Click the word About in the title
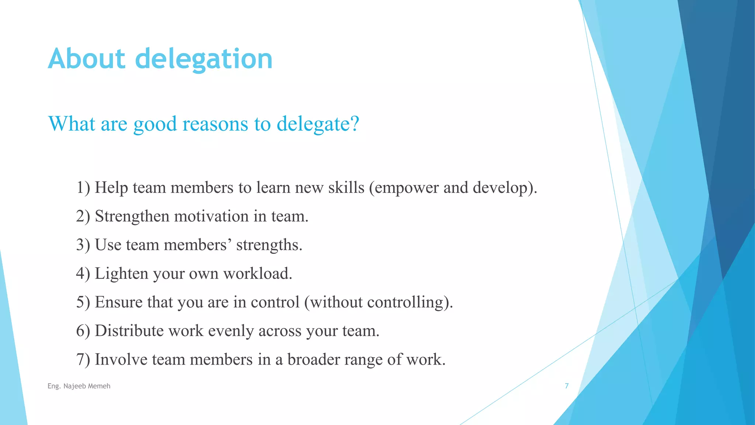(x=87, y=59)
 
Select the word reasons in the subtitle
(x=215, y=124)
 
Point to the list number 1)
(x=83, y=188)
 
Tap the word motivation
(x=211, y=216)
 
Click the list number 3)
(x=83, y=245)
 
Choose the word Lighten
(x=121, y=274)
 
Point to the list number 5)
(x=83, y=302)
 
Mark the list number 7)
(x=83, y=360)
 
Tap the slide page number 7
(x=567, y=386)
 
